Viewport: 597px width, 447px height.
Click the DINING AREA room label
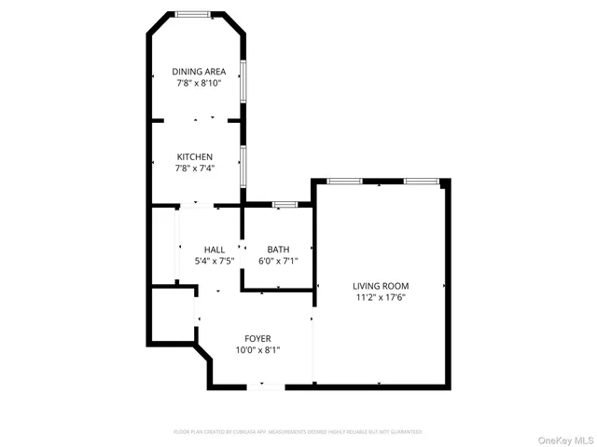click(199, 72)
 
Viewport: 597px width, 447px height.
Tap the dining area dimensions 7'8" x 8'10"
click(199, 83)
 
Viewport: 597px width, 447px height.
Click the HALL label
click(215, 250)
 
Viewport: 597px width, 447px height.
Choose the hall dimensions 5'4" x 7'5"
click(215, 261)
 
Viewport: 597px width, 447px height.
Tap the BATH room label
click(278, 250)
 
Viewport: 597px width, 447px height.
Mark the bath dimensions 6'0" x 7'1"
click(278, 261)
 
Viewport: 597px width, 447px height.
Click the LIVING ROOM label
click(380, 286)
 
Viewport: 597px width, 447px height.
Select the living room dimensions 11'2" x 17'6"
click(380, 297)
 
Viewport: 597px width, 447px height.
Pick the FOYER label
click(258, 338)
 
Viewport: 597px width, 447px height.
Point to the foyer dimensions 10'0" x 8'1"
click(258, 350)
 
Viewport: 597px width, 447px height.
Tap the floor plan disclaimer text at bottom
click(298, 432)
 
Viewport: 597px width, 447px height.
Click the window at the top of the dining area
click(194, 13)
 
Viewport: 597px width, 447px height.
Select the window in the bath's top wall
click(284, 203)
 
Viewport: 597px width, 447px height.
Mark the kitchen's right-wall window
click(243, 165)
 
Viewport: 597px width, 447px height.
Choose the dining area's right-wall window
click(243, 79)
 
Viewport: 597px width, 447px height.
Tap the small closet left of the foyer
click(171, 317)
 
